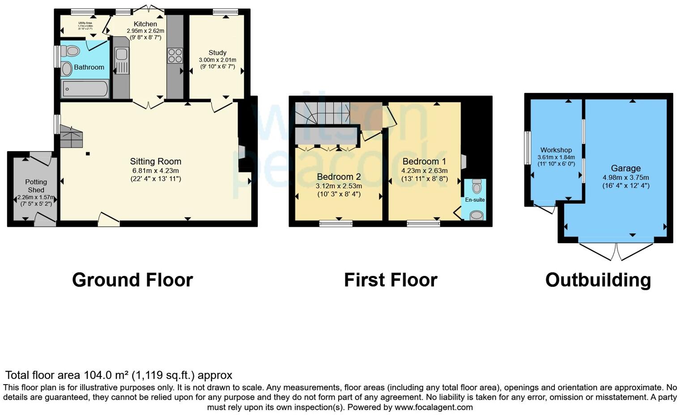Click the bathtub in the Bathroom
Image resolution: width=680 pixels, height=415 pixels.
pos(85,89)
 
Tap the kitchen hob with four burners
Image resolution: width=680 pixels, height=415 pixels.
pos(175,55)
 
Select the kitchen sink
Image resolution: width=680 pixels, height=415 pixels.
pos(121,55)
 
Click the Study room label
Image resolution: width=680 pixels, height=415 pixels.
pos(217,53)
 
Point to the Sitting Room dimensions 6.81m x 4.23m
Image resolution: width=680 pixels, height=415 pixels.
pos(155,170)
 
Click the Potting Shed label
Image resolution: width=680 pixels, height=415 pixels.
pos(36,186)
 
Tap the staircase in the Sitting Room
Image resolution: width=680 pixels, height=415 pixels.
pos(72,136)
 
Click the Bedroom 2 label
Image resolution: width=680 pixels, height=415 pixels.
pos(339,177)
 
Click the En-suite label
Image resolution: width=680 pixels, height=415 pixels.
pos(475,200)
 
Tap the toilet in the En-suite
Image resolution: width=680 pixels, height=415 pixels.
pos(477,186)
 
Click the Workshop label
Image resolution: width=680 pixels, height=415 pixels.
pos(556,150)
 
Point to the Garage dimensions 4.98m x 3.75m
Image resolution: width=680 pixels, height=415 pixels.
pos(625,177)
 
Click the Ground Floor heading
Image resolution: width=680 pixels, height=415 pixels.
pos(132,280)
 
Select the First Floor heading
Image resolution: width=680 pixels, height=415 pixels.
pos(391,280)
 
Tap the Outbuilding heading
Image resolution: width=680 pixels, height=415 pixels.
pos(598,280)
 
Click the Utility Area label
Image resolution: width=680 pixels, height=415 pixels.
pos(85,23)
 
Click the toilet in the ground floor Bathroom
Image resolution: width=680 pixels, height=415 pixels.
pos(70,51)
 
